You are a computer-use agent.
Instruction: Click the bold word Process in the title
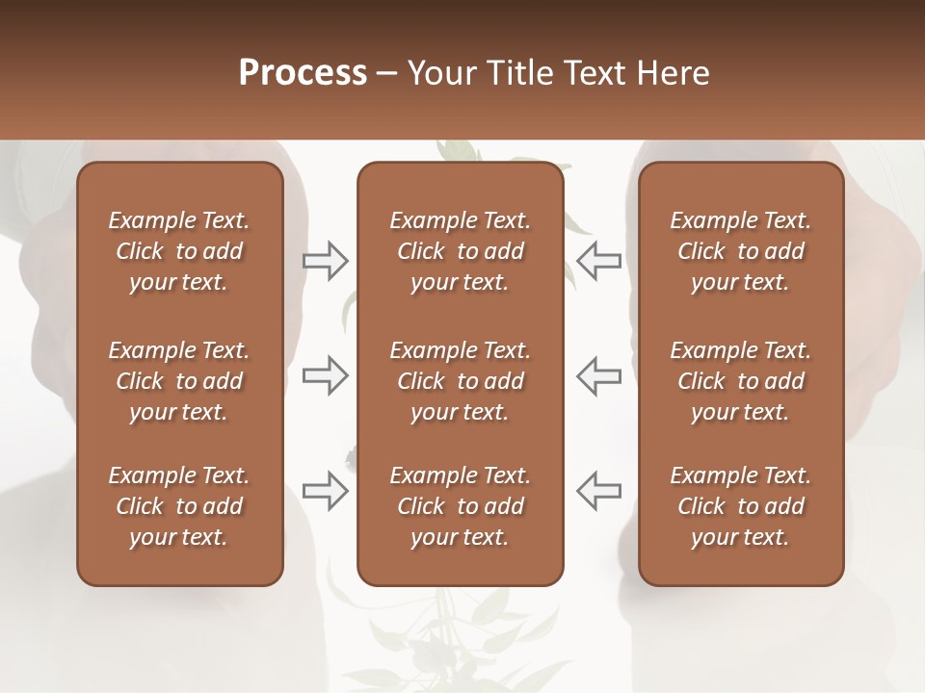(x=303, y=73)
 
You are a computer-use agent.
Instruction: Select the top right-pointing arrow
(x=326, y=261)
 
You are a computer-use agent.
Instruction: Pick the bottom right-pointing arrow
(x=326, y=491)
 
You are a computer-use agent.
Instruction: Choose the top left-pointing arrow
(x=598, y=261)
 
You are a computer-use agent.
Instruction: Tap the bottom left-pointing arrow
(x=598, y=491)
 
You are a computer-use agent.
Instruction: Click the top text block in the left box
(x=179, y=251)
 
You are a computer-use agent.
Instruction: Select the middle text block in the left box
(x=179, y=381)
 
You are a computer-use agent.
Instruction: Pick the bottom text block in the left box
(x=179, y=506)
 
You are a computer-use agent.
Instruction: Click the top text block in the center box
(x=460, y=251)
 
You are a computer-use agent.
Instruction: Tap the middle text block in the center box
(x=460, y=381)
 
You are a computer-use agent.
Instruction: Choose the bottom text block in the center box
(x=460, y=506)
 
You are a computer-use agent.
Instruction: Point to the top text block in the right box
(x=741, y=251)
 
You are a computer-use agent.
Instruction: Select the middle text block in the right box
(x=741, y=381)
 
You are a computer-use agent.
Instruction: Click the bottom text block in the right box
(x=741, y=506)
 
